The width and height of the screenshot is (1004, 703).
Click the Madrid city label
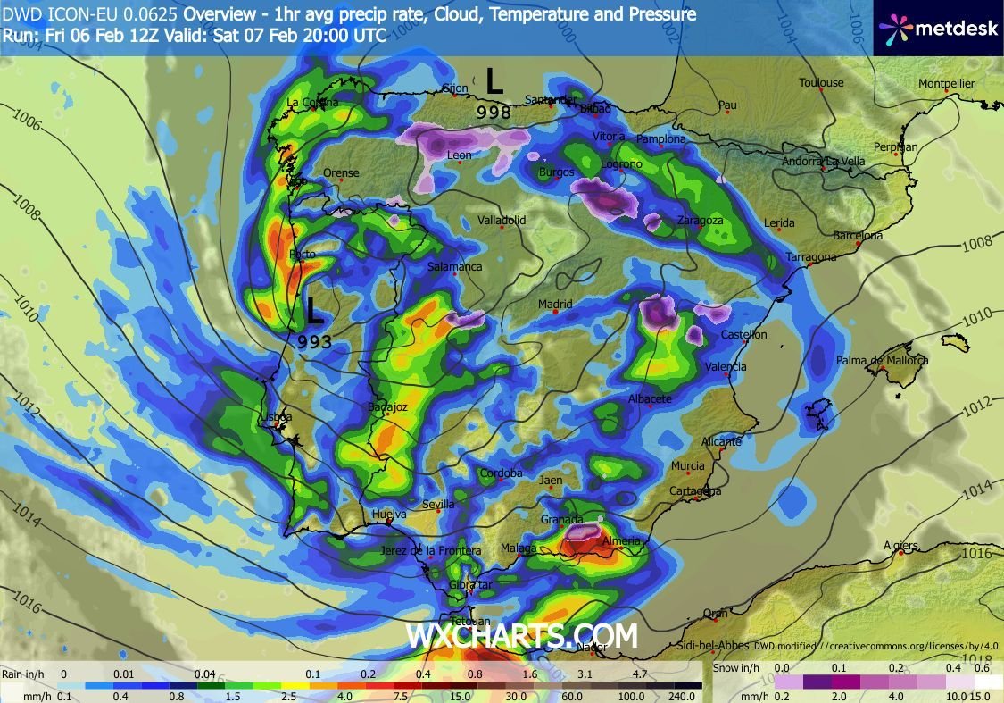(554, 305)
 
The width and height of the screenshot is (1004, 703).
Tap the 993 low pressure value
(315, 341)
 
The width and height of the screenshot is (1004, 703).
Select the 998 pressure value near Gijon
(494, 112)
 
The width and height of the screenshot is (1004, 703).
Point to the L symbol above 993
(314, 312)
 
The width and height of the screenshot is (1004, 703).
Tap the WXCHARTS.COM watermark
(522, 636)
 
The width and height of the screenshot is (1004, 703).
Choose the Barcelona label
(857, 236)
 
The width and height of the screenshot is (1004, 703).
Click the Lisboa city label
(273, 417)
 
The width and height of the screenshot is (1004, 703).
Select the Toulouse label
(821, 83)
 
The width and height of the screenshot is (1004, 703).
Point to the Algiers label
(900, 546)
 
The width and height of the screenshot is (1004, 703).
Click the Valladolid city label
(502, 220)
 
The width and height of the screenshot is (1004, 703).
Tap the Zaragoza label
(700, 221)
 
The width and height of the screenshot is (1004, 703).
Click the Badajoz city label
(387, 407)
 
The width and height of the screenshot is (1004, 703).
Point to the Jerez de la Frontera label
(430, 551)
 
